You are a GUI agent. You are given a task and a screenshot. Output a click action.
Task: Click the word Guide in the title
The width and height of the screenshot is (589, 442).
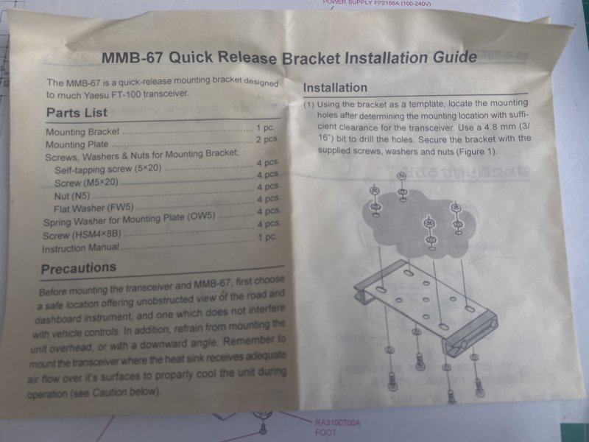click(x=454, y=57)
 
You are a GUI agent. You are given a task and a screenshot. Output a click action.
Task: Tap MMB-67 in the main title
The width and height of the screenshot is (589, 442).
click(x=133, y=57)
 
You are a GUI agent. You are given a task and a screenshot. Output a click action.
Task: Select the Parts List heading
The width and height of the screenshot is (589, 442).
click(x=77, y=113)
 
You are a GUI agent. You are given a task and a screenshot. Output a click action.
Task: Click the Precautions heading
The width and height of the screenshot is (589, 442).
click(x=79, y=268)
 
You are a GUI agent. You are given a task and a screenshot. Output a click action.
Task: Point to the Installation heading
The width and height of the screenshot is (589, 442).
click(x=335, y=88)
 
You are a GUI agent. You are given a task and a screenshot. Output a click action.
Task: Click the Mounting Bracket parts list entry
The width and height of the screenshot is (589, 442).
click(x=82, y=132)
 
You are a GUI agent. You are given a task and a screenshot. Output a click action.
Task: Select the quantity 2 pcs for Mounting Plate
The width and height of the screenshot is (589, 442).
click(x=267, y=139)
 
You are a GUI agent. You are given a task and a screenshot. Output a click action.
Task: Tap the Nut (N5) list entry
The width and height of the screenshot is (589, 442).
click(x=72, y=196)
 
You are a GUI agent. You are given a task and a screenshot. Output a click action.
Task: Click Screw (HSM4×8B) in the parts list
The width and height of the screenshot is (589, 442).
click(x=82, y=235)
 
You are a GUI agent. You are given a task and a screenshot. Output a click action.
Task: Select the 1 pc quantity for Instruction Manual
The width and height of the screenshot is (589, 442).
click(x=267, y=237)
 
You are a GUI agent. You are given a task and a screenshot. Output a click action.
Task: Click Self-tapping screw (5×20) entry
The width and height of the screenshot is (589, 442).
click(x=107, y=169)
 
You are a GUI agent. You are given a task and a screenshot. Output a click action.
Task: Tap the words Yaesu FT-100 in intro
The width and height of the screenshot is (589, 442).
click(x=113, y=95)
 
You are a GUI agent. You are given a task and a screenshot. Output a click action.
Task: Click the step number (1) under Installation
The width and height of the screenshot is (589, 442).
click(x=308, y=105)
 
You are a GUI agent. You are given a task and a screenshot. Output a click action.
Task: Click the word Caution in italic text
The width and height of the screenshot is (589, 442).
click(x=110, y=393)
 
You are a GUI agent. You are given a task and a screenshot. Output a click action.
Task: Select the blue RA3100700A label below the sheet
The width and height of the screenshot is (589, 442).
click(x=337, y=423)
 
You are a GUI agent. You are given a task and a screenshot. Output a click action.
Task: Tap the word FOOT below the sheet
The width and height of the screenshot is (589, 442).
click(x=325, y=432)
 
